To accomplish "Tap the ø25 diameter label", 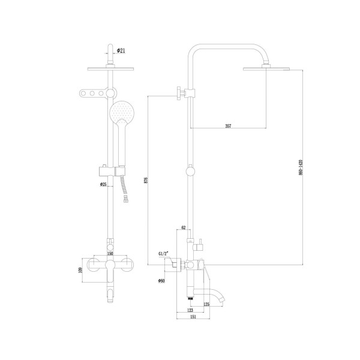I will (x=103, y=184).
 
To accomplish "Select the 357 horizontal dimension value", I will (x=228, y=126).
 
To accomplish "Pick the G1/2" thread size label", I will (x=164, y=254).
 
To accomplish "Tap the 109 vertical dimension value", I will (x=82, y=269).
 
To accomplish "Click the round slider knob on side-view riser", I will (x=190, y=172).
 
